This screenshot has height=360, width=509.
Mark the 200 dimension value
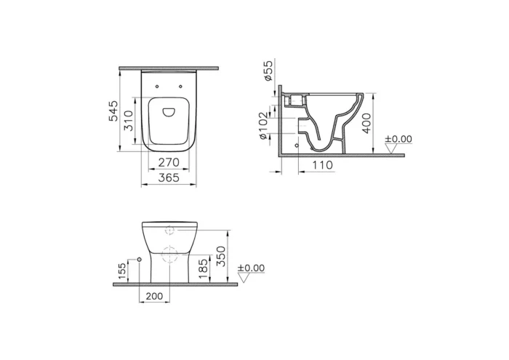pos(154,297)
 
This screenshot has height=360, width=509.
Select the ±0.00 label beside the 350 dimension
pos(252,268)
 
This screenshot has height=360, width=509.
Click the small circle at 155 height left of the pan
pos(139,259)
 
